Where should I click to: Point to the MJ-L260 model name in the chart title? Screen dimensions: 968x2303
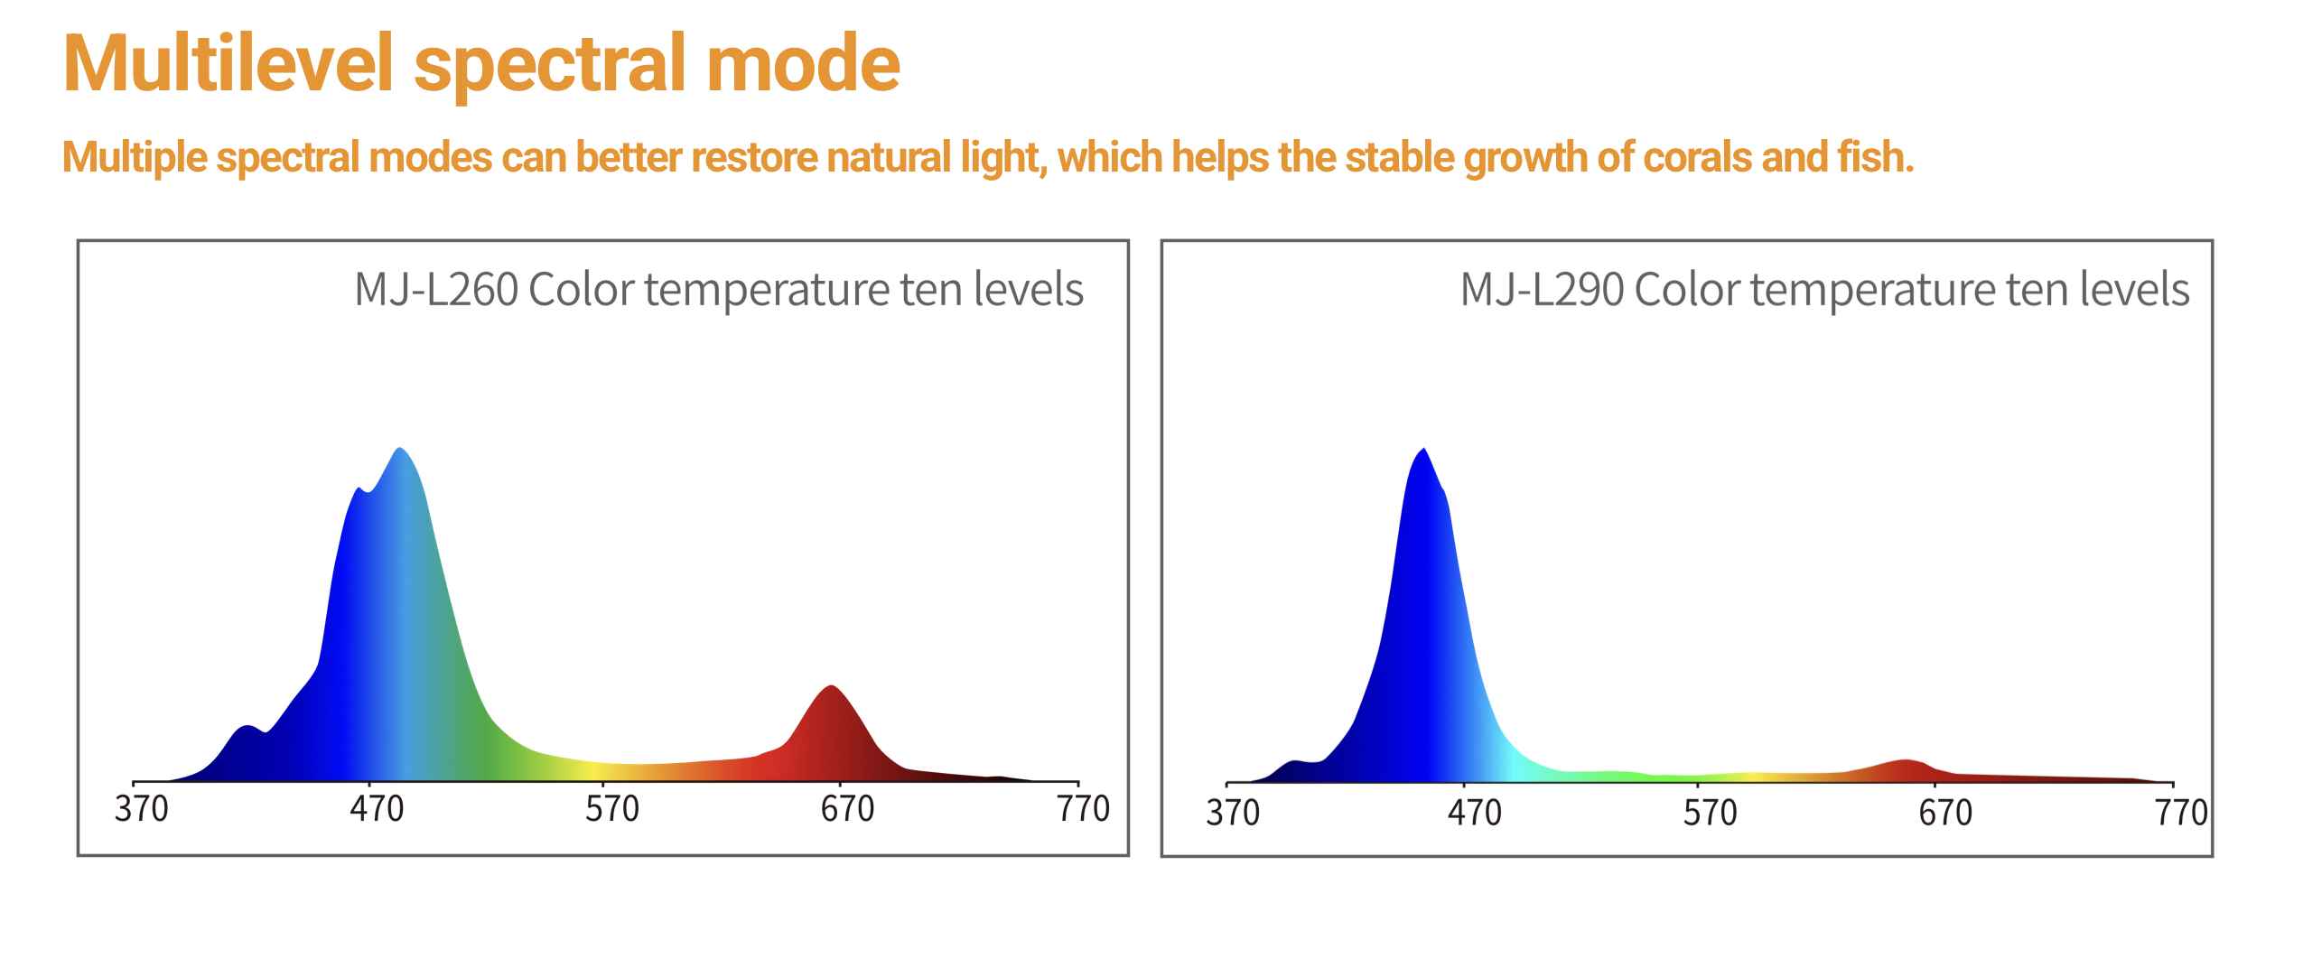click(x=436, y=290)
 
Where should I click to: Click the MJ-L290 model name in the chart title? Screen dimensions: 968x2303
click(x=1542, y=290)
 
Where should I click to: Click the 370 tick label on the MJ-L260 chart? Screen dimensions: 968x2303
click(x=141, y=809)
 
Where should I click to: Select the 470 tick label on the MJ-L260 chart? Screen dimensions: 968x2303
click(x=377, y=809)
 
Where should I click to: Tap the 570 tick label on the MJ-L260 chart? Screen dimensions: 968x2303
click(x=611, y=809)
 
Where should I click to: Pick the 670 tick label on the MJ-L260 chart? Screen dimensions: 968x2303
click(x=847, y=809)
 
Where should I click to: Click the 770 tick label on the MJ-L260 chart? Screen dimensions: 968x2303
click(x=1083, y=809)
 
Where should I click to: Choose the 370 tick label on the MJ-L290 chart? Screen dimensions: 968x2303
click(x=1233, y=813)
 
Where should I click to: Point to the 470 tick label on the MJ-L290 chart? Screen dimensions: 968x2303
click(x=1474, y=813)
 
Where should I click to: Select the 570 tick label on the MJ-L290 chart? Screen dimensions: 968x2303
click(x=1710, y=813)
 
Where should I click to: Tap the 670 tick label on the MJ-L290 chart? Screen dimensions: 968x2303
click(x=1945, y=813)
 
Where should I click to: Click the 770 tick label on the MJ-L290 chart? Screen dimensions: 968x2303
click(x=2181, y=813)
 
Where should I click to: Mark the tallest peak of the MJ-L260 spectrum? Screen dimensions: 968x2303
click(x=399, y=451)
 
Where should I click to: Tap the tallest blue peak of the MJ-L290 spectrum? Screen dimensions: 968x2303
click(x=1423, y=451)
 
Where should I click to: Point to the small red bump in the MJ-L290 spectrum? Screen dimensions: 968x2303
click(x=1906, y=763)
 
